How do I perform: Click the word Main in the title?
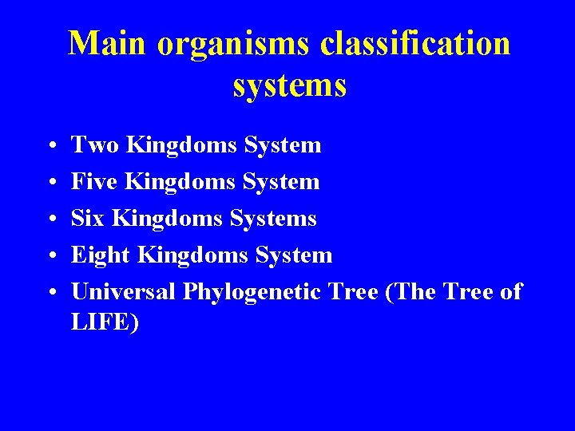tap(108, 43)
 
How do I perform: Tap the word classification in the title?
tap(415, 43)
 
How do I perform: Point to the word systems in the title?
tap(289, 85)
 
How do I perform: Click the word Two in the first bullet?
tap(96, 145)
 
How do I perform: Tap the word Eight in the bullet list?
tap(101, 256)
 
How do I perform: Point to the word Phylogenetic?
tap(250, 293)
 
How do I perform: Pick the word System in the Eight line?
tap(293, 256)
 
